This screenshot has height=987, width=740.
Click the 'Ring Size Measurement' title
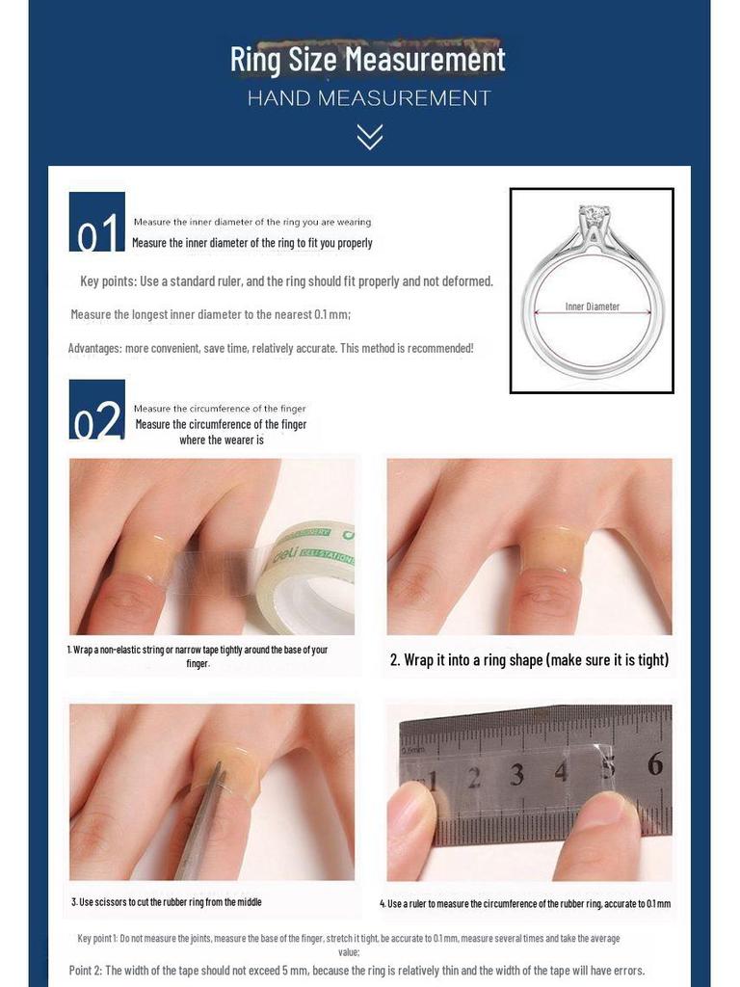tap(367, 60)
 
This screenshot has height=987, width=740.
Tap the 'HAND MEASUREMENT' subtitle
tap(369, 98)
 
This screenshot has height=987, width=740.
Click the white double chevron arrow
tap(369, 137)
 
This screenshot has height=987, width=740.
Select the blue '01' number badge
tap(96, 222)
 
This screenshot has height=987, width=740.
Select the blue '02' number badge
tap(96, 410)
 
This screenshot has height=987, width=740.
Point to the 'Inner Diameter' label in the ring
tap(592, 307)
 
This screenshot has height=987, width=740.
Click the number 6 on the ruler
tap(655, 764)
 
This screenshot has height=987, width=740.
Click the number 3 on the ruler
tap(517, 774)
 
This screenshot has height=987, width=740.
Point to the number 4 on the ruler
tap(561, 771)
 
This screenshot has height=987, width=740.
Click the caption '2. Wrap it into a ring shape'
tap(528, 660)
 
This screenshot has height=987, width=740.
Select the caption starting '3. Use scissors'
tap(167, 902)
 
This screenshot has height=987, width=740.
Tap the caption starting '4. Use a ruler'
tap(525, 903)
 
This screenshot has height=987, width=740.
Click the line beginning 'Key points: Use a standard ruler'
tap(286, 281)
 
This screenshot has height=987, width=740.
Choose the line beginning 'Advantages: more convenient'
tap(271, 348)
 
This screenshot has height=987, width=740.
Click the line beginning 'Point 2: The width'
tap(357, 971)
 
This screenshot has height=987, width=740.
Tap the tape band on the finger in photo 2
tap(553, 549)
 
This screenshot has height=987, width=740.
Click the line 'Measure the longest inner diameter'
tap(210, 314)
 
